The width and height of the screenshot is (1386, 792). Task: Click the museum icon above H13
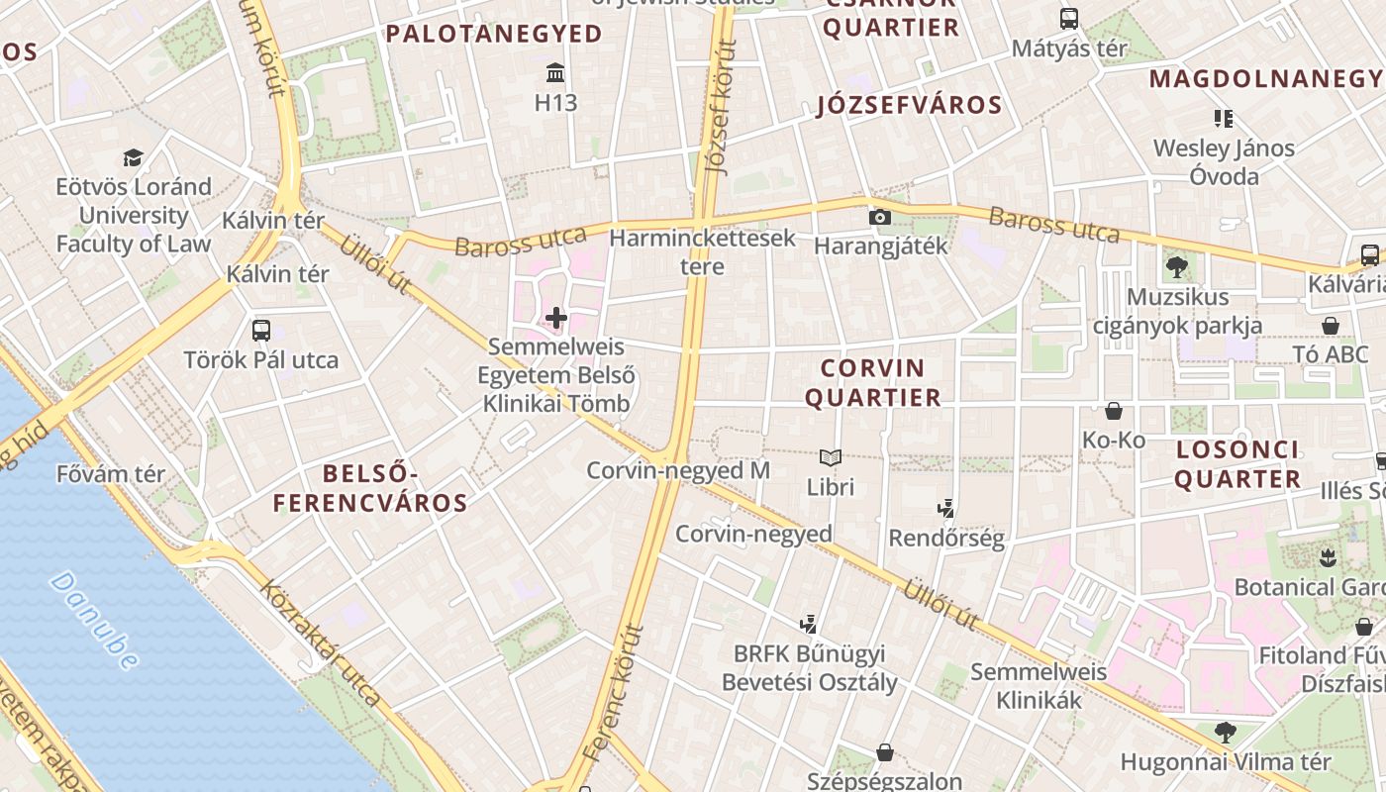(555, 73)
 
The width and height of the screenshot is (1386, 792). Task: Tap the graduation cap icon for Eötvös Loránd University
(133, 157)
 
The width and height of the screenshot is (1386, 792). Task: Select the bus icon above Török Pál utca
(261, 331)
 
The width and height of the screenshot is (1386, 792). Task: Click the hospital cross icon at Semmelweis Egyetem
(556, 318)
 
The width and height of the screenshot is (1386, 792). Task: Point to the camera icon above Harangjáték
(879, 217)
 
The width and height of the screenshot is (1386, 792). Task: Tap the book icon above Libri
(830, 457)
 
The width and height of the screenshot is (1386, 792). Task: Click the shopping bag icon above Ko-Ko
(1114, 410)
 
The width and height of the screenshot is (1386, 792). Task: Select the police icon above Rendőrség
(945, 509)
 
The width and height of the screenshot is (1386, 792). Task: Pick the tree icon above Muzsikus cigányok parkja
(1177, 266)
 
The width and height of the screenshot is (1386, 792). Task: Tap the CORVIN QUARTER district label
(872, 383)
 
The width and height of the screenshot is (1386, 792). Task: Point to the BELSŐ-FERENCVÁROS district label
(370, 488)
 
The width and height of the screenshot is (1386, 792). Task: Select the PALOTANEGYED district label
(493, 34)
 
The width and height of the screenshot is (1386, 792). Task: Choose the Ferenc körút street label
(614, 692)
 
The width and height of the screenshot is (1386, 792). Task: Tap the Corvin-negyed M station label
(678, 470)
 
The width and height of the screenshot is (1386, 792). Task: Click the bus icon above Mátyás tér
(1068, 18)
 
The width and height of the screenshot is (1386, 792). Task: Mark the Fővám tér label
(110, 473)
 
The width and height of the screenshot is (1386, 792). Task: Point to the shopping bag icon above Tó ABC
(1331, 326)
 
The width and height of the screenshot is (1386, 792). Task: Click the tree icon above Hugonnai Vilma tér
(1225, 733)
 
